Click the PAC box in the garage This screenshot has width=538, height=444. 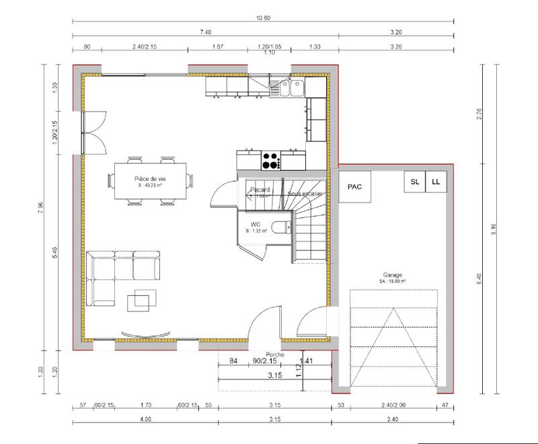tap(354, 188)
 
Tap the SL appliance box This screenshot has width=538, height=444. tap(414, 182)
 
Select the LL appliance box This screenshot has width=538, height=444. tap(436, 182)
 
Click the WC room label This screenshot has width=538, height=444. tap(256, 223)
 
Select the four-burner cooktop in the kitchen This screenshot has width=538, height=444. tap(270, 160)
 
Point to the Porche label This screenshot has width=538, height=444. tap(274, 355)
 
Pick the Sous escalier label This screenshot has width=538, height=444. tap(305, 194)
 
